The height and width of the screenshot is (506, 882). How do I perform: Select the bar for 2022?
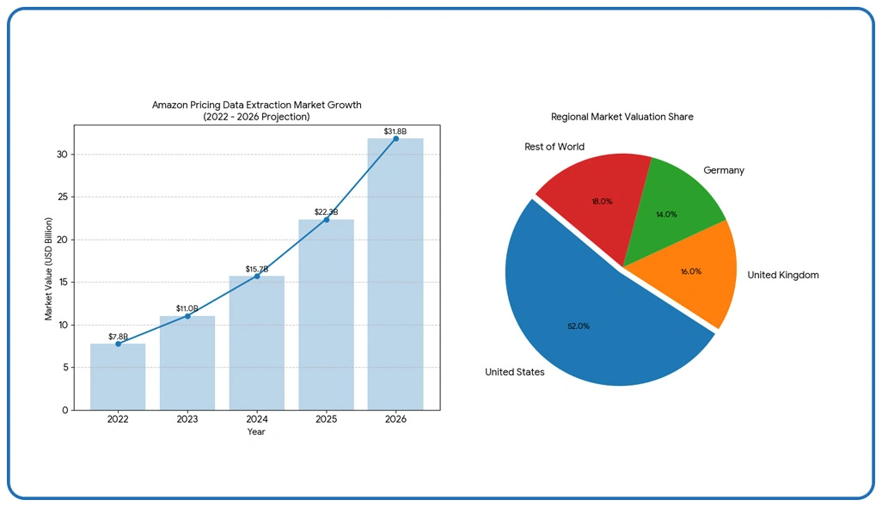coord(118,377)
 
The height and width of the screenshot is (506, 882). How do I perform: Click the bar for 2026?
coord(395,275)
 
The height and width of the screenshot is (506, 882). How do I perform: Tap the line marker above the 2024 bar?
coord(257,276)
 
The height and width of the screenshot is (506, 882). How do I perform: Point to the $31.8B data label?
coord(395,131)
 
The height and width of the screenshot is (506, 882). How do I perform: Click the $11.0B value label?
coord(187,308)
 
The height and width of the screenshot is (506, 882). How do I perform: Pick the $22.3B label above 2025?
coord(326,211)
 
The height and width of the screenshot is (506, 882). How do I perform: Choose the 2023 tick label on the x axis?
coord(187,419)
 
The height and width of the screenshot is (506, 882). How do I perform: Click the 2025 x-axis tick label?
coord(326,419)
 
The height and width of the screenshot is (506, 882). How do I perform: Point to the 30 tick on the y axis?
coord(62,155)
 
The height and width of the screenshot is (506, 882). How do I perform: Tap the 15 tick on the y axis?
coord(62,283)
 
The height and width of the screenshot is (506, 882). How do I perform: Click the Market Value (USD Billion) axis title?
coord(49,269)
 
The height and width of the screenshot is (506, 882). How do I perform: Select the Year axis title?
coord(256,432)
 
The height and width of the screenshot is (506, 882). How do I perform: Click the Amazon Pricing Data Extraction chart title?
coord(257,105)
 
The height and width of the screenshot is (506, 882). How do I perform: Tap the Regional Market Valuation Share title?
coord(622,116)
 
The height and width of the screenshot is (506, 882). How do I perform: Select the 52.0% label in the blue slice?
coord(579,326)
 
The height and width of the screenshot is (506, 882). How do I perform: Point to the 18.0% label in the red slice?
coord(602,201)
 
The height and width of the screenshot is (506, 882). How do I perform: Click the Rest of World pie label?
coord(554,147)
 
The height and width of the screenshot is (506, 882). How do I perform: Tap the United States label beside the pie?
coord(514,372)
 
